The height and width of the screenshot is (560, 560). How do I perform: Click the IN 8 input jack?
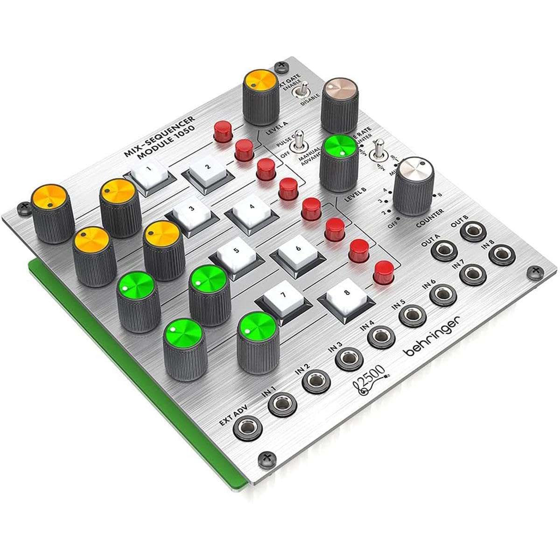pos(501,254)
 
